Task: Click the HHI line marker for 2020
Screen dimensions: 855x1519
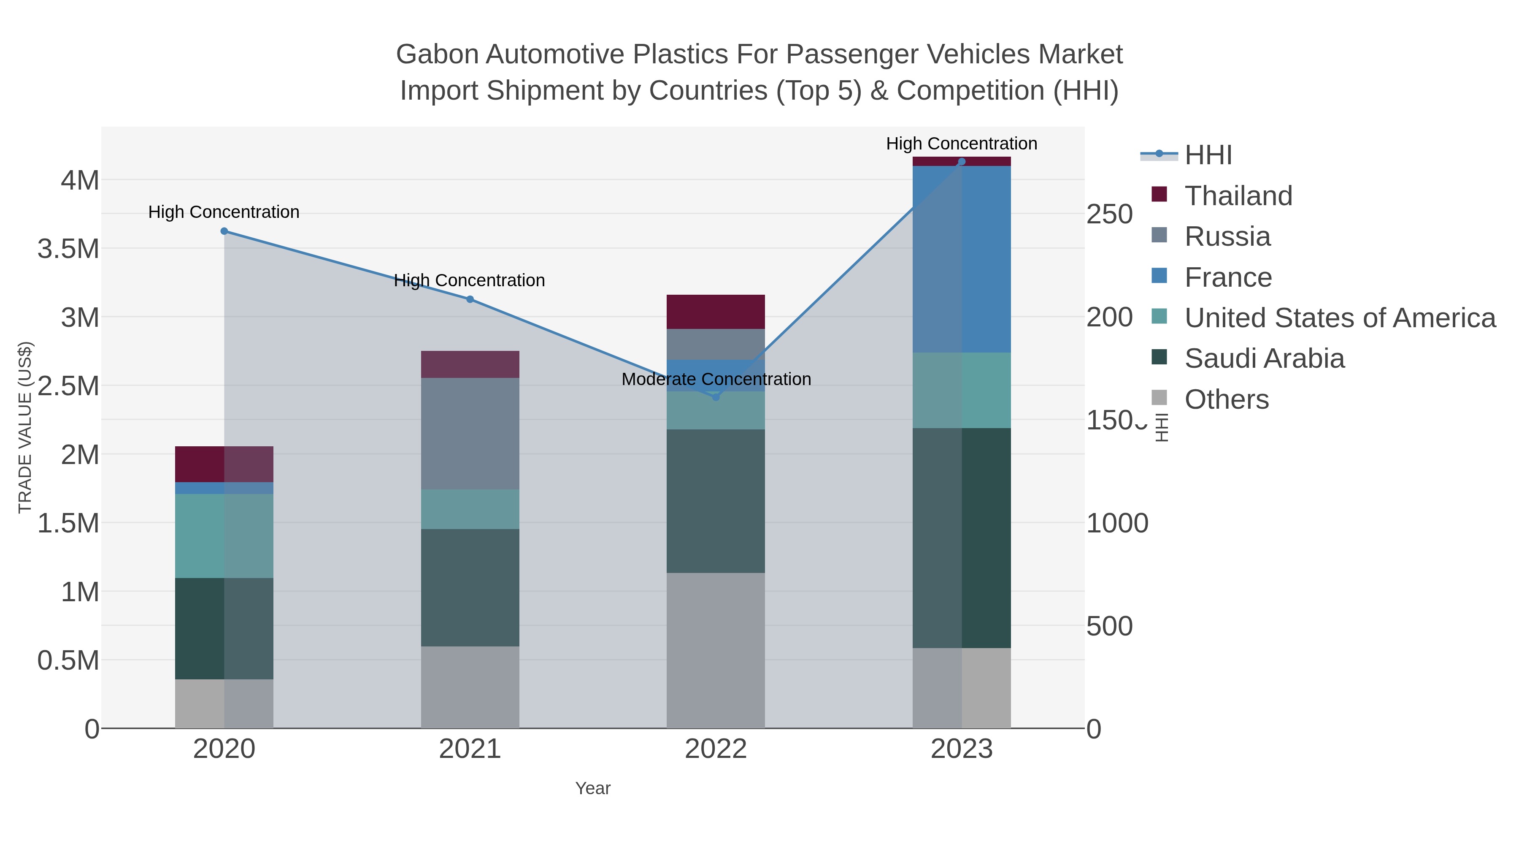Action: [224, 231]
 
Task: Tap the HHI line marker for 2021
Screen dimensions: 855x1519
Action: [470, 299]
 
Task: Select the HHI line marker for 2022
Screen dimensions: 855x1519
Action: [716, 397]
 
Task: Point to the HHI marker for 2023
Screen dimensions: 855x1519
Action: [962, 162]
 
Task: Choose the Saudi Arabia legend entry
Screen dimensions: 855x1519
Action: [1264, 358]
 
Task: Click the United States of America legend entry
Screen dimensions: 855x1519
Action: [1339, 318]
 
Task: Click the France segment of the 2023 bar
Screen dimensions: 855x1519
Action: [962, 260]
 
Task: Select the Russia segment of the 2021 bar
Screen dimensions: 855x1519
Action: [470, 434]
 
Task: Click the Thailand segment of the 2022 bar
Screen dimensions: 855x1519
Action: [716, 312]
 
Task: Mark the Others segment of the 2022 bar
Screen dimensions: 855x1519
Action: [716, 650]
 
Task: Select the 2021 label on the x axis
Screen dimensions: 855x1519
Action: [470, 749]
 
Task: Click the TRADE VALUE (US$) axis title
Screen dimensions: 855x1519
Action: [25, 427]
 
